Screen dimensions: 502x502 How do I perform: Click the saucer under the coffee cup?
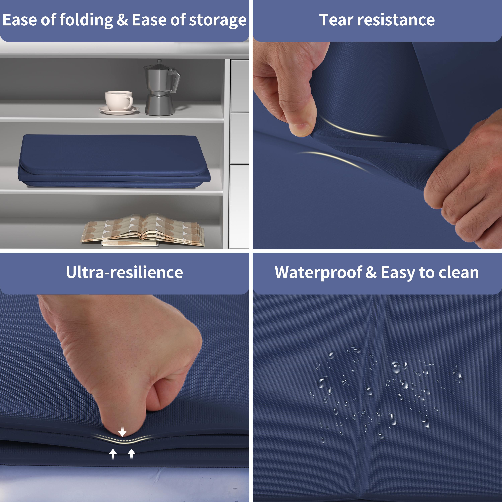119,110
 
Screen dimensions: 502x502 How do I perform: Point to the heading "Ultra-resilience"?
124,272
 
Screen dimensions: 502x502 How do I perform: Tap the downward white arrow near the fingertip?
122,432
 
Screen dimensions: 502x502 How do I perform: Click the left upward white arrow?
113,454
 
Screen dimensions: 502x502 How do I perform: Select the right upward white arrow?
132,454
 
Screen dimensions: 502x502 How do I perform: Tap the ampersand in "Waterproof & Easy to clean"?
371,272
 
